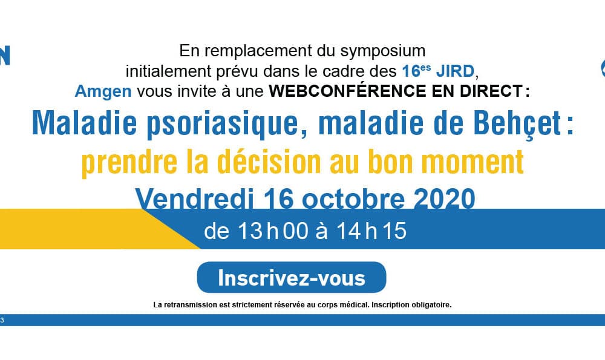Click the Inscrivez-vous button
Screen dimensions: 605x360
(292, 278)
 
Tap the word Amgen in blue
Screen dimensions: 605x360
(103, 91)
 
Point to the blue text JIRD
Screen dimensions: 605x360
(456, 71)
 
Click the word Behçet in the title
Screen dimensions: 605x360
(517, 123)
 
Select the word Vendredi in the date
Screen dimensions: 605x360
(194, 198)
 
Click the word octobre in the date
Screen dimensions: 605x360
(353, 198)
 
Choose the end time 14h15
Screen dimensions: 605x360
(371, 231)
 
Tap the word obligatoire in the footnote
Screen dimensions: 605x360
(431, 305)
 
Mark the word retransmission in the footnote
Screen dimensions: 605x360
(191, 305)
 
